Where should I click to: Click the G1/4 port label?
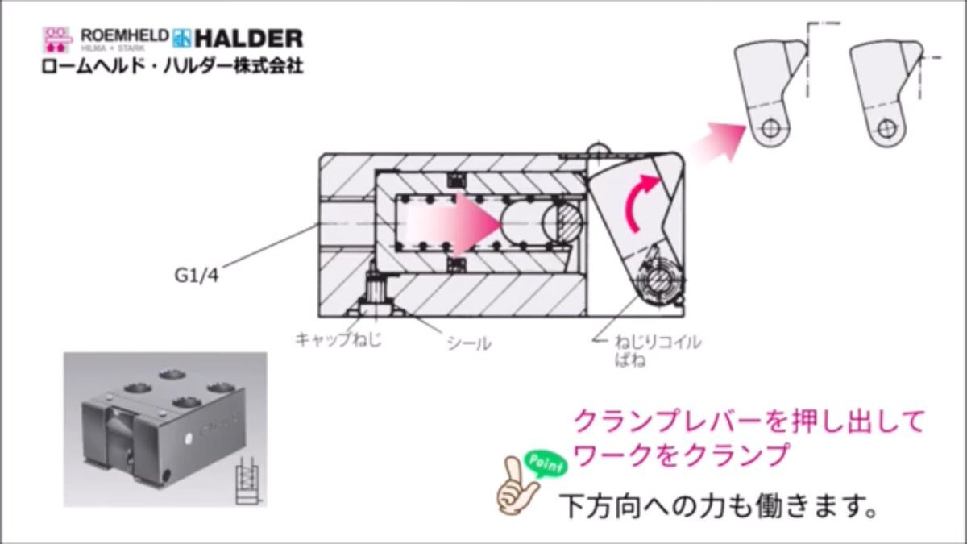tap(197, 276)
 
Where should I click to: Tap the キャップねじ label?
tap(338, 339)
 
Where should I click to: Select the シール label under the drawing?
tap(469, 343)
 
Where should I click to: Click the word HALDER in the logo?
tap(249, 39)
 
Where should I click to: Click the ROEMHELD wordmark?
tap(125, 35)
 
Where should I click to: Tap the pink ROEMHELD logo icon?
tap(57, 39)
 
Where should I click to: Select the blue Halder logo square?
tap(181, 39)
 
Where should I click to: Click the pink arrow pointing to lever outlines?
tap(719, 140)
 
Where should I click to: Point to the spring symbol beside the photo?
tap(247, 480)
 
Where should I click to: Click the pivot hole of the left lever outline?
tap(770, 128)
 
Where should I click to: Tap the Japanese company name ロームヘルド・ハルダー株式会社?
tap(172, 66)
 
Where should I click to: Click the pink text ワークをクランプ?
tap(681, 455)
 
